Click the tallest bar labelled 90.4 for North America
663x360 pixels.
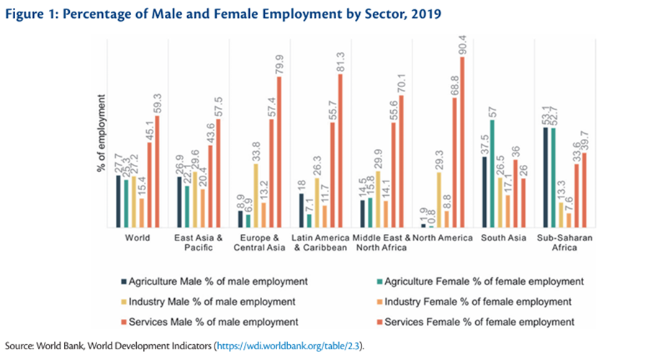[x=463, y=142]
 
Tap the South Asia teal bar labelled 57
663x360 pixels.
[x=493, y=174]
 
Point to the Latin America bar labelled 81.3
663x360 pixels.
[x=340, y=151]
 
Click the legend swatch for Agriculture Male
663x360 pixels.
[x=124, y=281]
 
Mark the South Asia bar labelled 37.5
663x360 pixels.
[x=484, y=192]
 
